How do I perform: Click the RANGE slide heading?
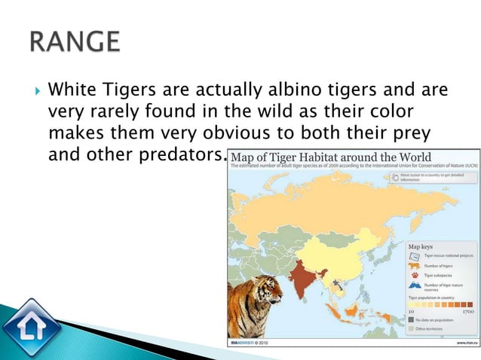[75, 41]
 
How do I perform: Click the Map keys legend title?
[421, 246]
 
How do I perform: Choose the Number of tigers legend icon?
[415, 265]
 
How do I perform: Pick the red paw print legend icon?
[415, 276]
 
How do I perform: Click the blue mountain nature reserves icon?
[415, 287]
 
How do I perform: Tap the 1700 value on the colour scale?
[467, 310]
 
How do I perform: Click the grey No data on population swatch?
[412, 320]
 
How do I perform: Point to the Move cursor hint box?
[434, 178]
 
